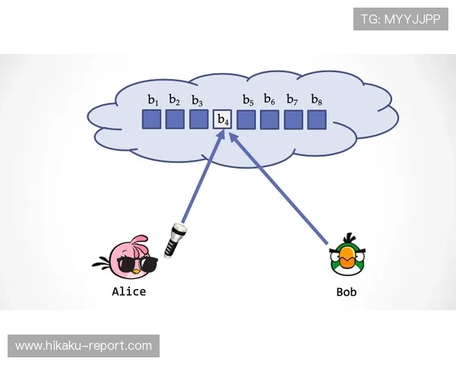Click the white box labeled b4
222,119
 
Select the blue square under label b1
152,119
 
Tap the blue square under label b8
317,119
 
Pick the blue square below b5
246,119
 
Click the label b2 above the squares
175,100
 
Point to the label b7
293,100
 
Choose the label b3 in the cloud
198,100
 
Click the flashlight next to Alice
176,240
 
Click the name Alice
128,291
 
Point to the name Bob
346,291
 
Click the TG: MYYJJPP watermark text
401,18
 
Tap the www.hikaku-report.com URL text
84,346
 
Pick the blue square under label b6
270,119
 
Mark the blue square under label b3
198,119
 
